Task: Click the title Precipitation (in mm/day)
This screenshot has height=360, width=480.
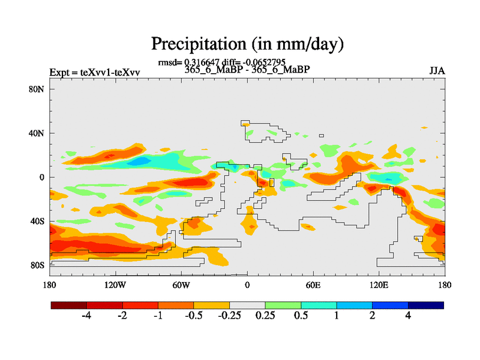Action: click(247, 44)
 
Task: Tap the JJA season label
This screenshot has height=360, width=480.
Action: click(437, 71)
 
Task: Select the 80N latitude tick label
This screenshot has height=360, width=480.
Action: click(37, 89)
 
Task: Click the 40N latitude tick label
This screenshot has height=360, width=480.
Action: click(37, 133)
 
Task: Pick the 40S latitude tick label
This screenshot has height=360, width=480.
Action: click(37, 221)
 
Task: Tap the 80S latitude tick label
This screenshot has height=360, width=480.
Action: click(37, 265)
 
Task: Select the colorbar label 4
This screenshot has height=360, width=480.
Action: click(408, 316)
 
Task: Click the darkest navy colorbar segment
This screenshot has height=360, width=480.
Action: click(425, 305)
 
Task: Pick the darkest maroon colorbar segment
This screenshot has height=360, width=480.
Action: click(69, 305)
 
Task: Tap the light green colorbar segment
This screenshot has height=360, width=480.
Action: click(283, 305)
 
